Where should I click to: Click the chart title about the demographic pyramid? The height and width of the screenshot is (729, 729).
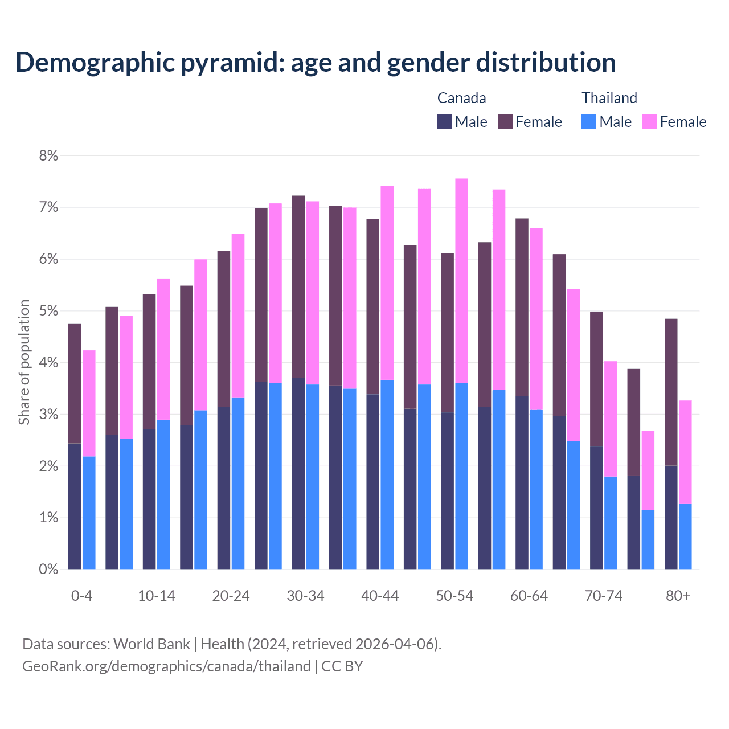pyautogui.click(x=315, y=62)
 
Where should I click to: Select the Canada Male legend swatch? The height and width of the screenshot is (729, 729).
pyautogui.click(x=445, y=121)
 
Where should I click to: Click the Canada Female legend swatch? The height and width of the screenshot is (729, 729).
pyautogui.click(x=505, y=121)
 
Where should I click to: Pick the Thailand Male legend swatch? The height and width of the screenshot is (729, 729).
pyautogui.click(x=589, y=121)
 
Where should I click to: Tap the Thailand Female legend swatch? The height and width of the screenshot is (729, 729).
pyautogui.click(x=649, y=121)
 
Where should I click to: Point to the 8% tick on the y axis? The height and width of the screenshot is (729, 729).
pyautogui.click(x=48, y=155)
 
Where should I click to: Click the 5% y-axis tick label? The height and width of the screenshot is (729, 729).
pyautogui.click(x=48, y=311)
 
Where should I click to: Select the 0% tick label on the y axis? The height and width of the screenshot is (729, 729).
pyautogui.click(x=48, y=569)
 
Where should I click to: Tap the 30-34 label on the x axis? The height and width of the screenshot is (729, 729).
pyautogui.click(x=305, y=596)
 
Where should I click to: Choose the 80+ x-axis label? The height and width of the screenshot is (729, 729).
pyautogui.click(x=678, y=596)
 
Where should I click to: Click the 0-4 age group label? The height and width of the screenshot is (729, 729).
pyautogui.click(x=81, y=596)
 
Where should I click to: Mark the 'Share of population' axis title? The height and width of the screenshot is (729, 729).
pyautogui.click(x=24, y=362)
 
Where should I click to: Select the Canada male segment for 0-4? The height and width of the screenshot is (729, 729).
pyautogui.click(x=75, y=506)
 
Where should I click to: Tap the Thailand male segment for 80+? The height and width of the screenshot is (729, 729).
pyautogui.click(x=685, y=536)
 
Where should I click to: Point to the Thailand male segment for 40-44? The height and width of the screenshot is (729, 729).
pyautogui.click(x=387, y=474)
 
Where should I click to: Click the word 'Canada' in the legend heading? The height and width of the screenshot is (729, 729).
pyautogui.click(x=461, y=98)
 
